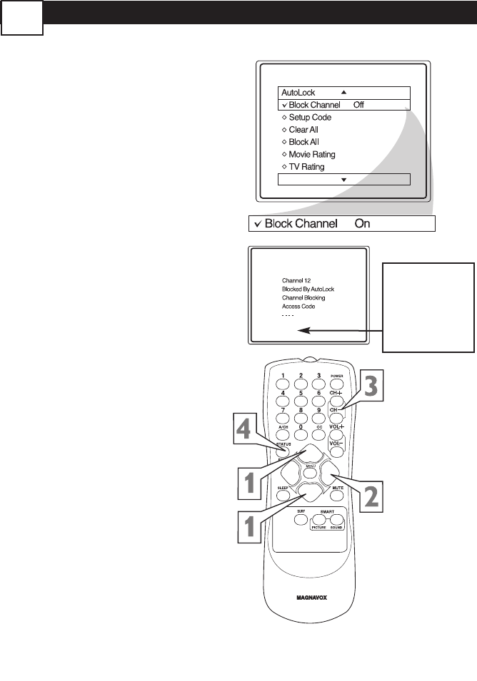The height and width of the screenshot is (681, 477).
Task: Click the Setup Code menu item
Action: [x=310, y=117]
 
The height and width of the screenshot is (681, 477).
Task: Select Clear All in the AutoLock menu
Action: [x=303, y=130]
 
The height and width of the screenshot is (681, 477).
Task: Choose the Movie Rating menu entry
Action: [x=312, y=154]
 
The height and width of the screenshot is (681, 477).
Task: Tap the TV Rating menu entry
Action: [x=307, y=167]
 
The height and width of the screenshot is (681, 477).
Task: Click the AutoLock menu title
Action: [x=298, y=93]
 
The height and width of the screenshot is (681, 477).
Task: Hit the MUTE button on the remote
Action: [x=337, y=487]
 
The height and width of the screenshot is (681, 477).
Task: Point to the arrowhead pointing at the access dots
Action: [x=303, y=331]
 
